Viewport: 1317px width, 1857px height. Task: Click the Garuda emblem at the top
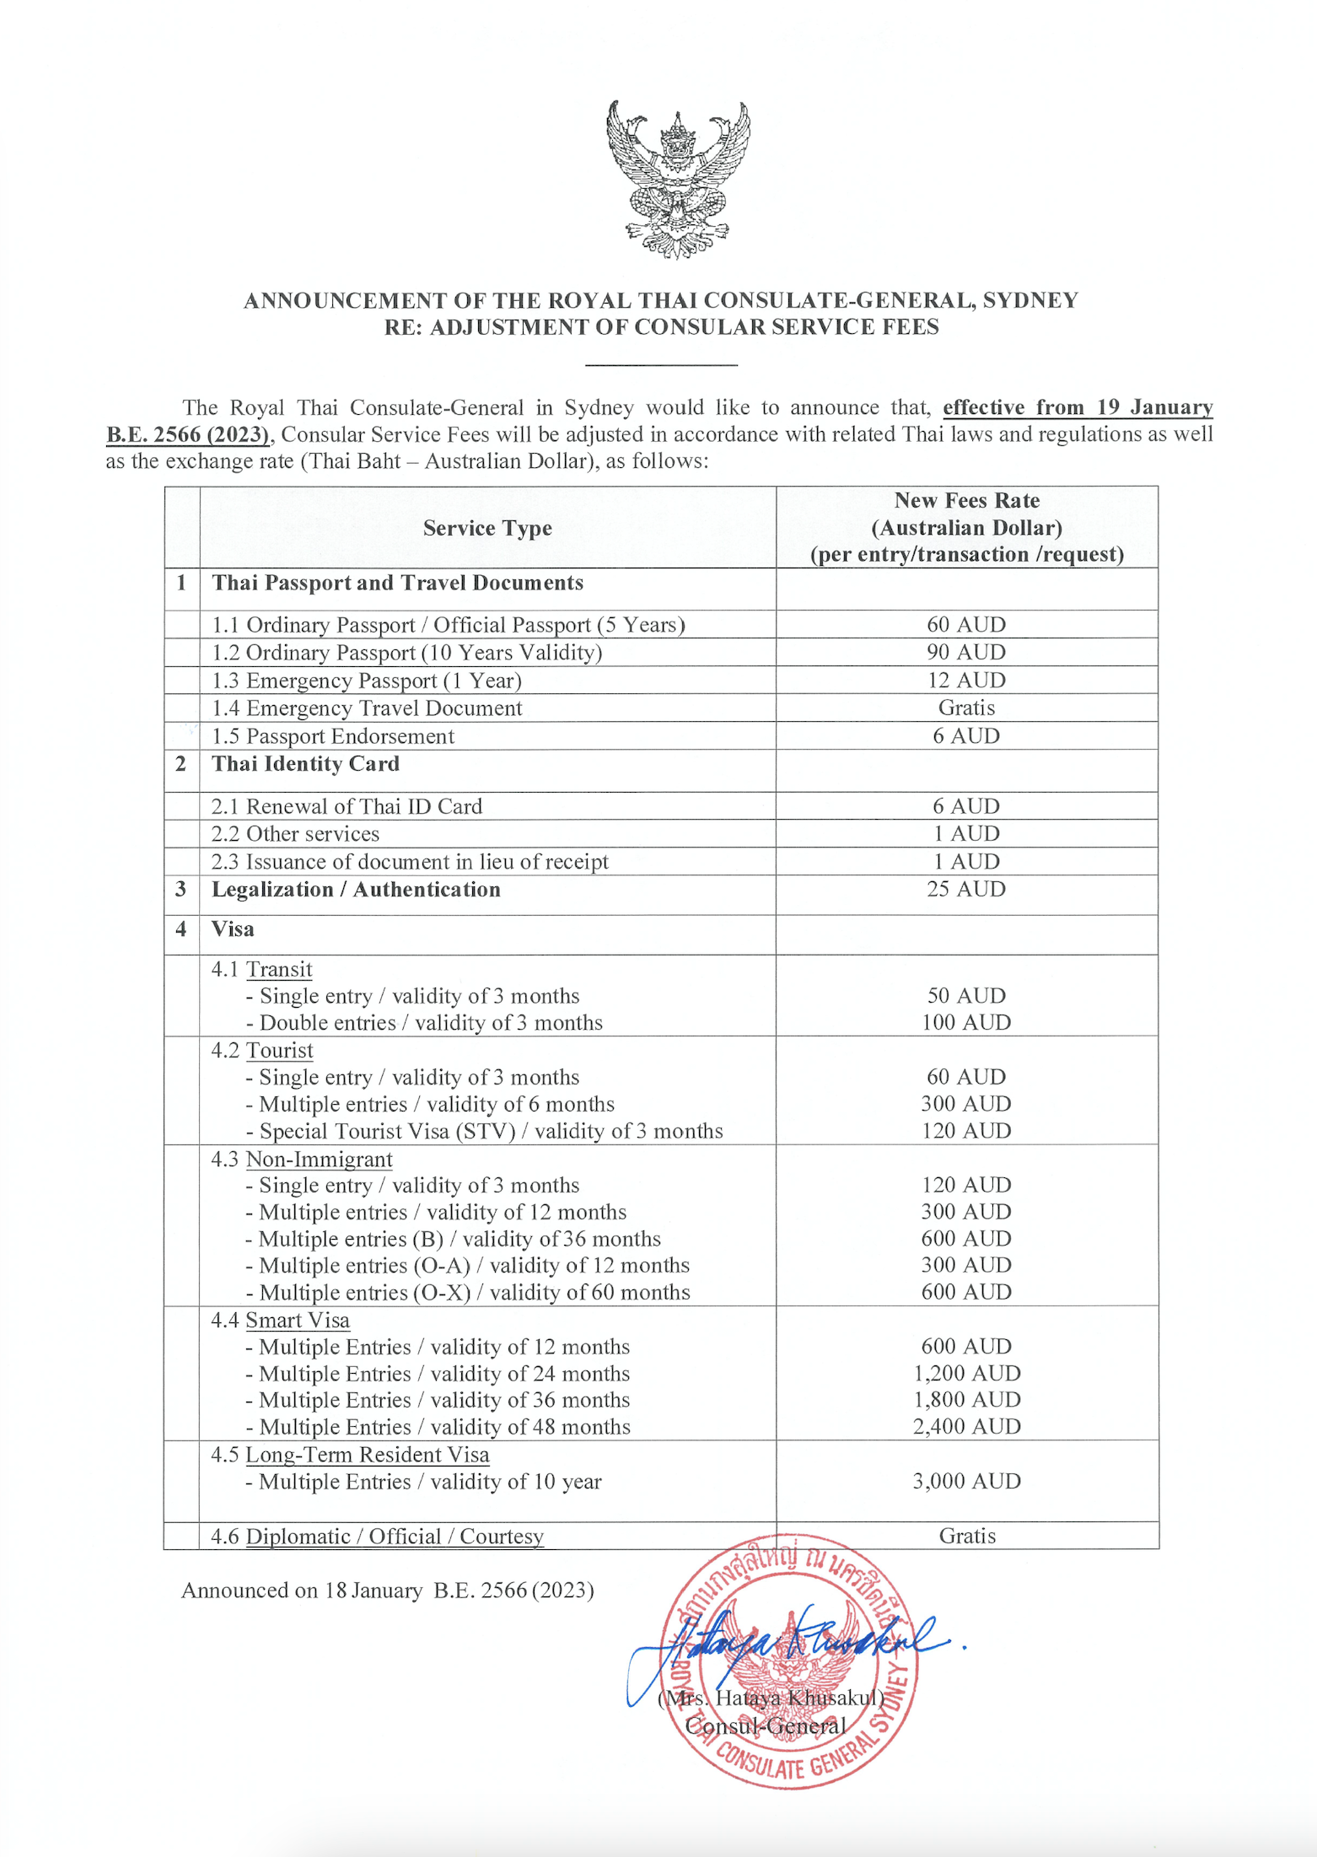[x=677, y=179]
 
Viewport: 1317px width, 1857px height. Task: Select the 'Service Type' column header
[x=487, y=528]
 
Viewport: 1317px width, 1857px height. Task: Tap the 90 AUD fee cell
[x=966, y=652]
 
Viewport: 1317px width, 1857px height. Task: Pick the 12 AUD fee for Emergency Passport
[x=966, y=680]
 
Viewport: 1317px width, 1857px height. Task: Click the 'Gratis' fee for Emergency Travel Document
[x=966, y=708]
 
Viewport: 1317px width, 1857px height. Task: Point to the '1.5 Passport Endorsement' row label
[x=333, y=736]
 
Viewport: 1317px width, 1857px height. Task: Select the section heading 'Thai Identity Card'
[x=305, y=764]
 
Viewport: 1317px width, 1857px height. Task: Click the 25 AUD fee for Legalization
[x=966, y=889]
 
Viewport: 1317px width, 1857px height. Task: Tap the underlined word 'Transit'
[x=279, y=970]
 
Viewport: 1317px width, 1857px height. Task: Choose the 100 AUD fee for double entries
[x=966, y=1022]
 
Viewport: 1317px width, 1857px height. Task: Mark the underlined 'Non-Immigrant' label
[x=319, y=1159]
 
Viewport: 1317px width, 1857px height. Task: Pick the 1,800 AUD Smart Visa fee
[x=966, y=1399]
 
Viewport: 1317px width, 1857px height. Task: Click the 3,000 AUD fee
[x=966, y=1481]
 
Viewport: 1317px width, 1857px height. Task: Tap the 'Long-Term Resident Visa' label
[x=367, y=1455]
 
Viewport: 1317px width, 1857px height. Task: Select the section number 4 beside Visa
[x=180, y=929]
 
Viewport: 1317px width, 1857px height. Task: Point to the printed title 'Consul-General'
[x=765, y=1725]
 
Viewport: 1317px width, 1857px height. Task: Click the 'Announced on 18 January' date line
[x=387, y=1591]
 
